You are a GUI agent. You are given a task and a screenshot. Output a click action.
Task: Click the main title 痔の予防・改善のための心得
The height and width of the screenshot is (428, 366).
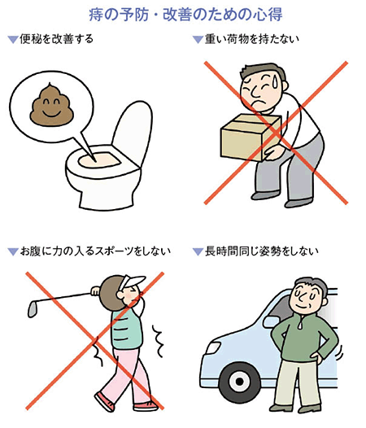tap(185, 15)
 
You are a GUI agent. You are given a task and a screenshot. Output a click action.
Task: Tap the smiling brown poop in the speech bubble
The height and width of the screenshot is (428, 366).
tap(51, 105)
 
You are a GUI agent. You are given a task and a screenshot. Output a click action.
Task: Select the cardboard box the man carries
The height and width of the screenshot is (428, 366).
tap(251, 137)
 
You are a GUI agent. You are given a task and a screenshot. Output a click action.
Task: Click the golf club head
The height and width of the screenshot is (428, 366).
tap(33, 308)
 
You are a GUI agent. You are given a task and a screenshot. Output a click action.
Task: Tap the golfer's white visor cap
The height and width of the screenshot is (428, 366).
tap(132, 282)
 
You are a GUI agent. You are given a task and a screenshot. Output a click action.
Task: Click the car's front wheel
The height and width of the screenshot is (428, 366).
tap(239, 382)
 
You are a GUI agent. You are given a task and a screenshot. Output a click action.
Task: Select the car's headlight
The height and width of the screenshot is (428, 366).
tap(213, 348)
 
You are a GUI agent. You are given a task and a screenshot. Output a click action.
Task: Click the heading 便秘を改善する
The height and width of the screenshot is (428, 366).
tap(56, 39)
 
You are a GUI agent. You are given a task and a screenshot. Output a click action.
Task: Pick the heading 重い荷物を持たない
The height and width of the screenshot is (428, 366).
tap(251, 39)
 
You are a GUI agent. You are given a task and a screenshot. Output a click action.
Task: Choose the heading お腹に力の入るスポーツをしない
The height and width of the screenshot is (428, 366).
tap(95, 251)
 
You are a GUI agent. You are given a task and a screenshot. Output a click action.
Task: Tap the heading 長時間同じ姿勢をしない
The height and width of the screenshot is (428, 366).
tap(261, 251)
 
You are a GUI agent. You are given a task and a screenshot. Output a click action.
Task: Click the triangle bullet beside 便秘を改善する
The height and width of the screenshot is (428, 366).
tap(12, 40)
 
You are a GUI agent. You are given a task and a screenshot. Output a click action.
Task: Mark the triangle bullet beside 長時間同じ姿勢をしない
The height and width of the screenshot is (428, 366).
tap(198, 251)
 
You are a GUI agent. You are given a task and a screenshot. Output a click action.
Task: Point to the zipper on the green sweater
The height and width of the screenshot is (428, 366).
tap(300, 323)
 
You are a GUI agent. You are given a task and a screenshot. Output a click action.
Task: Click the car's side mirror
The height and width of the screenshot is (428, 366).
tap(270, 322)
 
